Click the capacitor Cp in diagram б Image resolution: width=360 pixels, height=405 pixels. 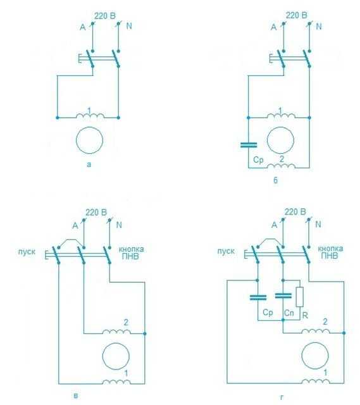tap(249, 145)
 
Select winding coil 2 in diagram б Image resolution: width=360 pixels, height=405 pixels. tap(282, 166)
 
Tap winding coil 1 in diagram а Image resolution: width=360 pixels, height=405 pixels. tap(90, 115)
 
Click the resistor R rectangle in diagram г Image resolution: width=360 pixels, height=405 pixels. tap(299, 297)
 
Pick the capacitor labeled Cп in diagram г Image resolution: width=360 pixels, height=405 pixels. tap(283, 296)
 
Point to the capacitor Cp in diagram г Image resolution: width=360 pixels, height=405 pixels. tap(258, 297)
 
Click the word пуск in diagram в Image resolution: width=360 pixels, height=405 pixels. tap(27, 252)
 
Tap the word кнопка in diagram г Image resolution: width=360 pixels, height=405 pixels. tap(330, 249)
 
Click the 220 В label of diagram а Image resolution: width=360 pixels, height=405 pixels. tap(105, 16)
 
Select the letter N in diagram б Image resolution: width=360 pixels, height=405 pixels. tap(319, 27)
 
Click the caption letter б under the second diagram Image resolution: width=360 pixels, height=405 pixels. tap(276, 180)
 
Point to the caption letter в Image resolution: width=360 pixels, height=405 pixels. tap(76, 396)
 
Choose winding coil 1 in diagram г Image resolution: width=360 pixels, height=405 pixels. tap(316, 381)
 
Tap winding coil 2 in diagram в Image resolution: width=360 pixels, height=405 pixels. tap(116, 331)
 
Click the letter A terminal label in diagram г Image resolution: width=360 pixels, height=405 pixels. tap(274, 225)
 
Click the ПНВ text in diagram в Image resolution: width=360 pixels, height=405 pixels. tap(130, 256)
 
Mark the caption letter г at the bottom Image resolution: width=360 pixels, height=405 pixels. tap(282, 397)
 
